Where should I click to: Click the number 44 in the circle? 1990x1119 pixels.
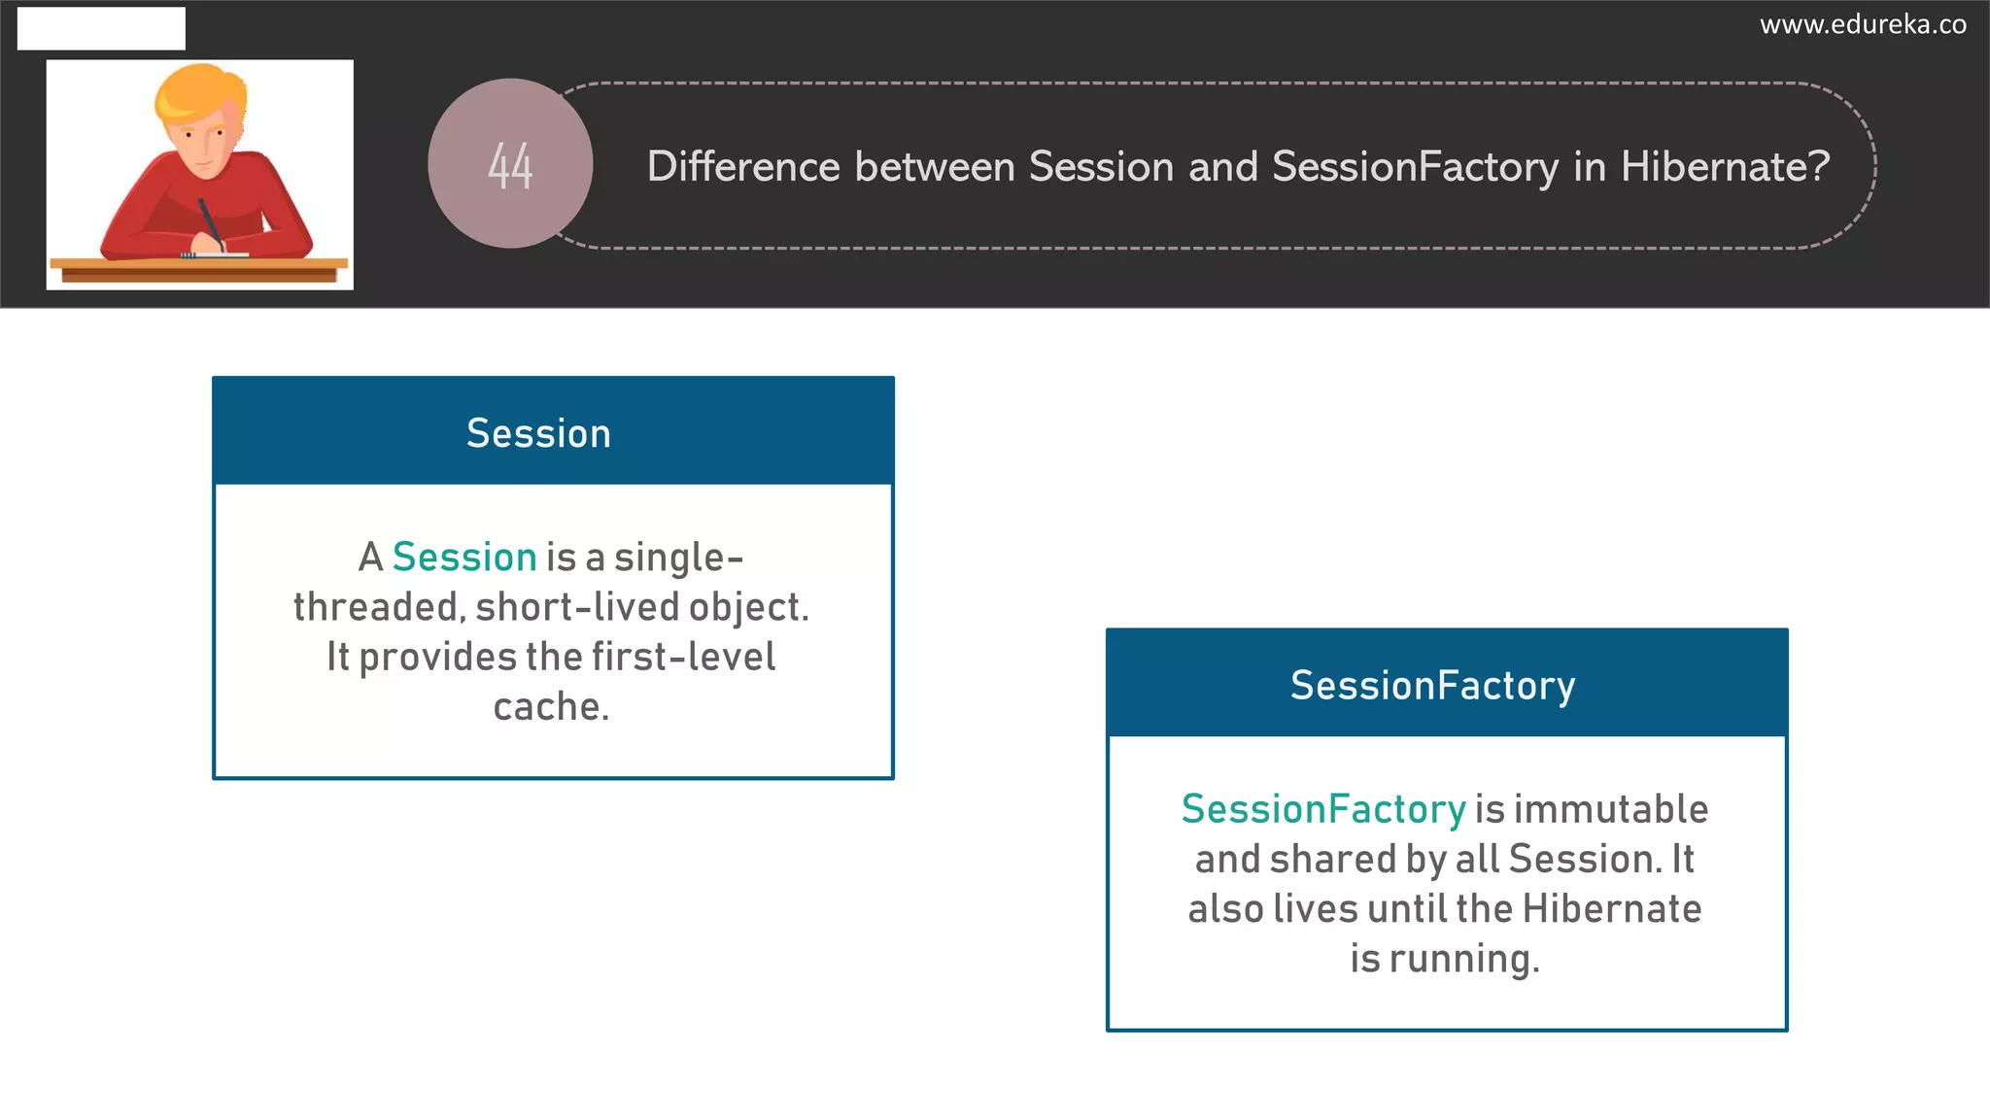(x=510, y=166)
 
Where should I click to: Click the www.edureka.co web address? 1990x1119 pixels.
(x=1863, y=24)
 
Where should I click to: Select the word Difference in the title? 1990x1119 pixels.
(x=743, y=167)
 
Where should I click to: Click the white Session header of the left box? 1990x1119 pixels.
(x=539, y=433)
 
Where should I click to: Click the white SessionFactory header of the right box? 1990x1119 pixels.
(x=1432, y=686)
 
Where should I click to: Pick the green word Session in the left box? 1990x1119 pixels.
(x=464, y=558)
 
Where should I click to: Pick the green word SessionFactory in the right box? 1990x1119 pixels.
(x=1322, y=809)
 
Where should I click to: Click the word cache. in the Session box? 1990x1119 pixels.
(x=551, y=707)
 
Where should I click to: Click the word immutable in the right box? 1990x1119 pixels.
(x=1610, y=809)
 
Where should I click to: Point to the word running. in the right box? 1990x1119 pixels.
(x=1464, y=960)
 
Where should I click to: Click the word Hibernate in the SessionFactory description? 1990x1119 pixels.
(x=1611, y=909)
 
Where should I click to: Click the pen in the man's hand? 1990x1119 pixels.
(x=210, y=222)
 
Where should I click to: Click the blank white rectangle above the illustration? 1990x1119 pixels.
(x=101, y=28)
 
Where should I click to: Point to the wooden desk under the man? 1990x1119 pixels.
(x=199, y=269)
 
